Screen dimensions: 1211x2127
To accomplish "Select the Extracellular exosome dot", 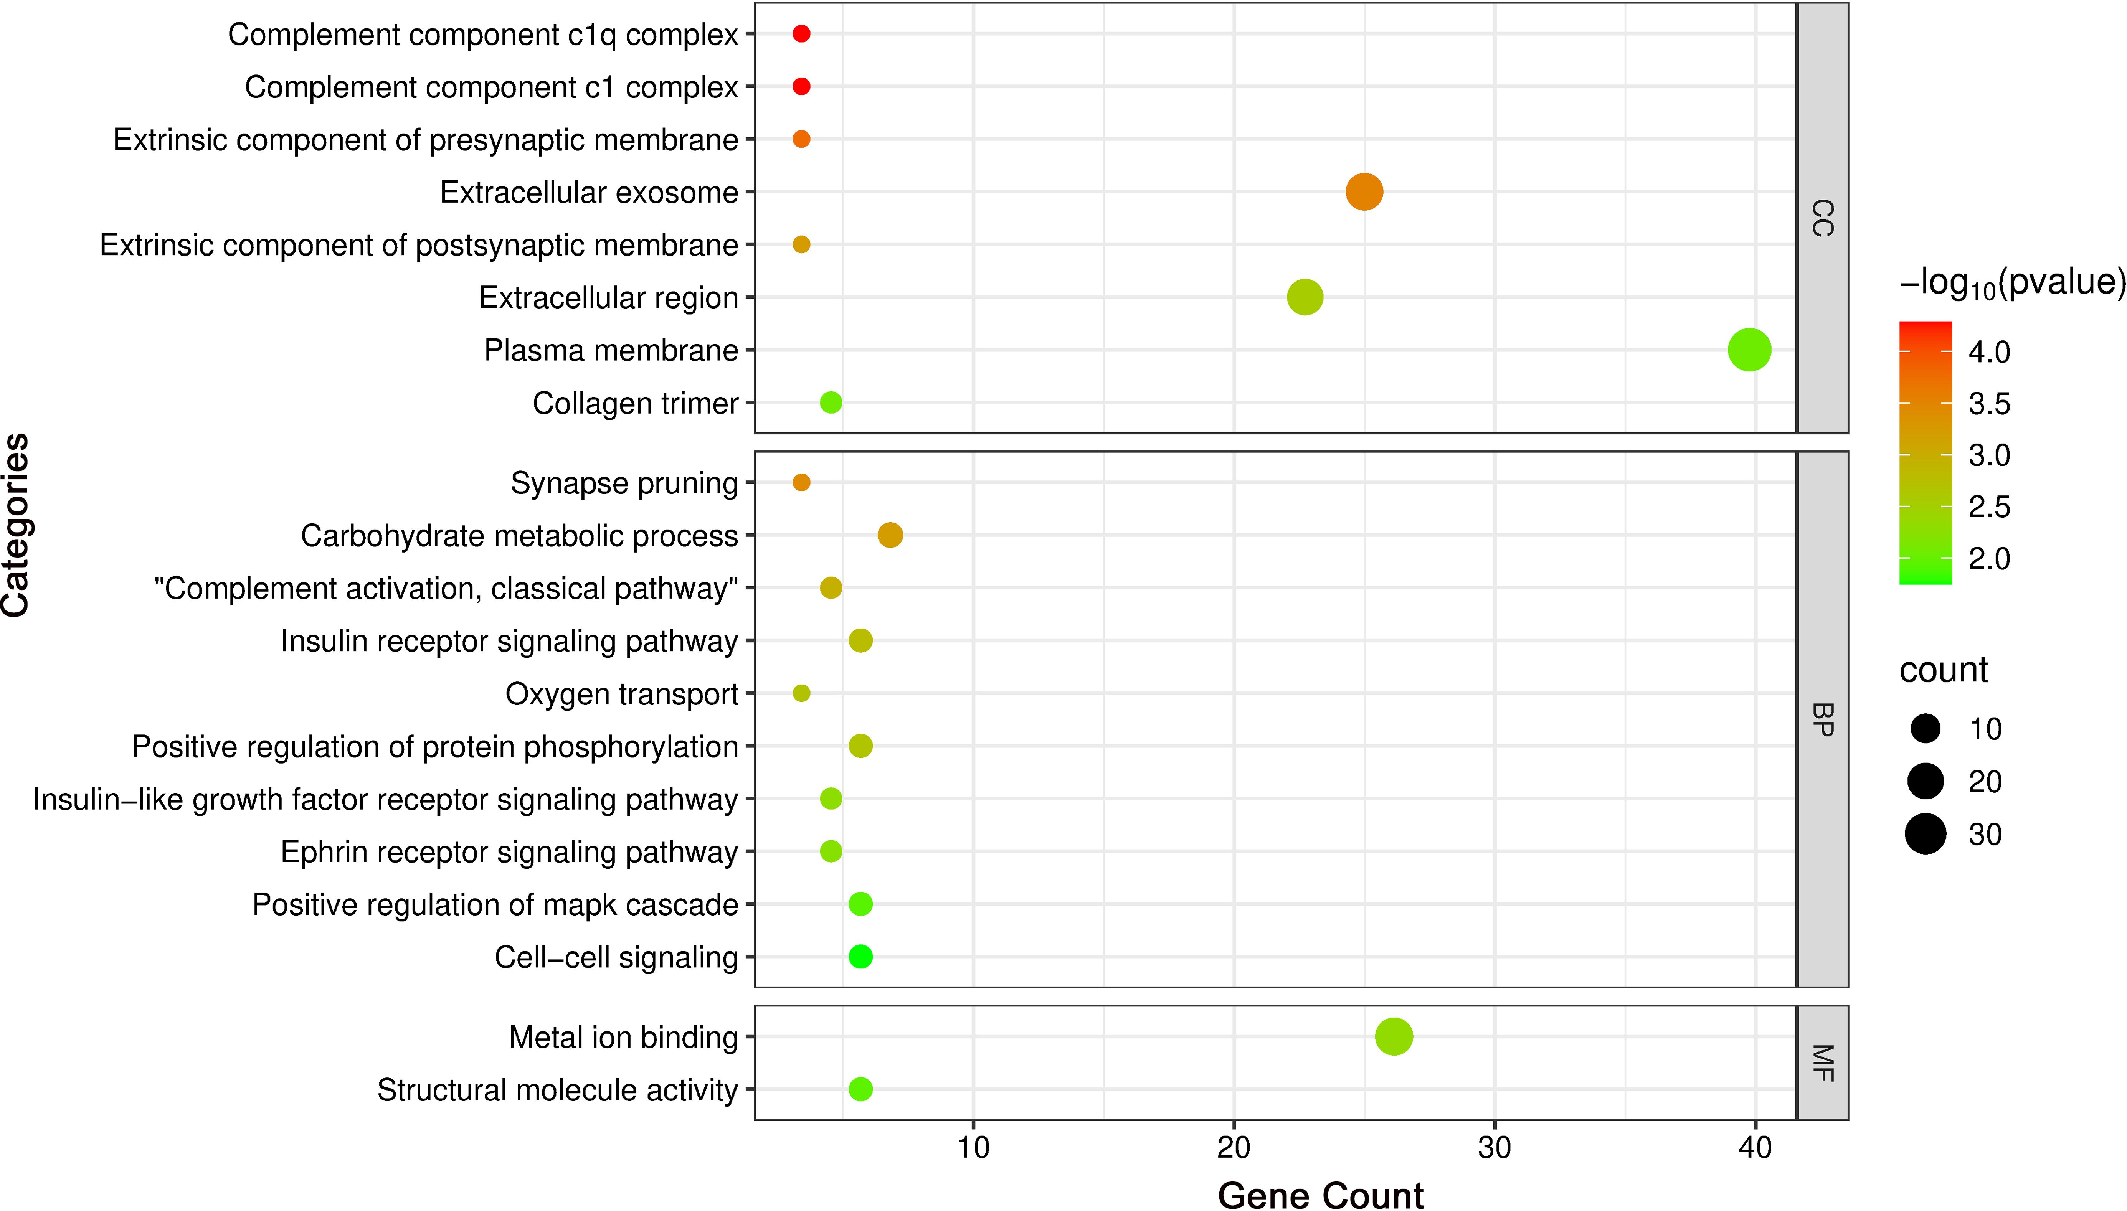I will pyautogui.click(x=1364, y=192).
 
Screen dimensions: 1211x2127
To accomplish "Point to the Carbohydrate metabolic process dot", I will pyautogui.click(x=890, y=535).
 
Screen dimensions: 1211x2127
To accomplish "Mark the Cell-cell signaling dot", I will pyautogui.click(x=860, y=957).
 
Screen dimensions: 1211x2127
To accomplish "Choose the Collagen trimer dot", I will pyautogui.click(x=830, y=403).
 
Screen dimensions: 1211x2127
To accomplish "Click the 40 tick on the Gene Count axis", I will pyautogui.click(x=1755, y=1148).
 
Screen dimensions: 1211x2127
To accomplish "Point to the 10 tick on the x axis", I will pyautogui.click(x=973, y=1148).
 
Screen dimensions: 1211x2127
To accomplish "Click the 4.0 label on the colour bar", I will pyautogui.click(x=1989, y=352).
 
